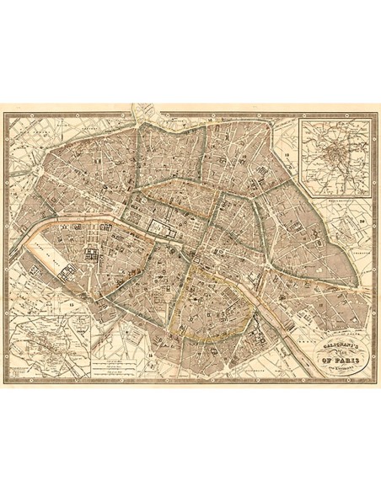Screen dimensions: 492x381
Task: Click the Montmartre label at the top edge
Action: pyautogui.click(x=174, y=120)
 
